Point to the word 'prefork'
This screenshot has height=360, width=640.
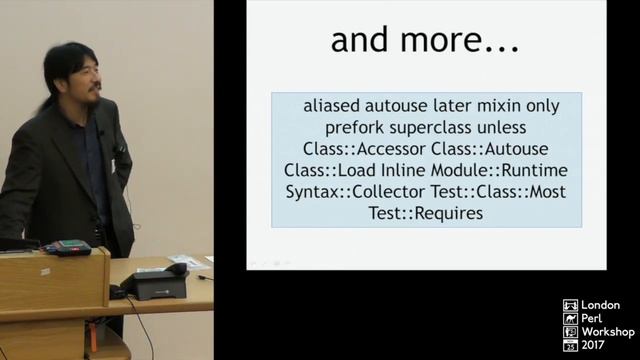point(358,128)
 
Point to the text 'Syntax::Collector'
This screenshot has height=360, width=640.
point(348,192)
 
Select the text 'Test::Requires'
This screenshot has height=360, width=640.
point(425,213)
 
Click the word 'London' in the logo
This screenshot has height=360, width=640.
point(601,306)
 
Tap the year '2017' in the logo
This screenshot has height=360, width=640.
point(599,345)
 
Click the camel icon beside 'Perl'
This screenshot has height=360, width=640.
point(570,319)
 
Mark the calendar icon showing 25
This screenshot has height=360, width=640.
point(570,345)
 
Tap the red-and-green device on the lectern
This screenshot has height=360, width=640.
point(65,246)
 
